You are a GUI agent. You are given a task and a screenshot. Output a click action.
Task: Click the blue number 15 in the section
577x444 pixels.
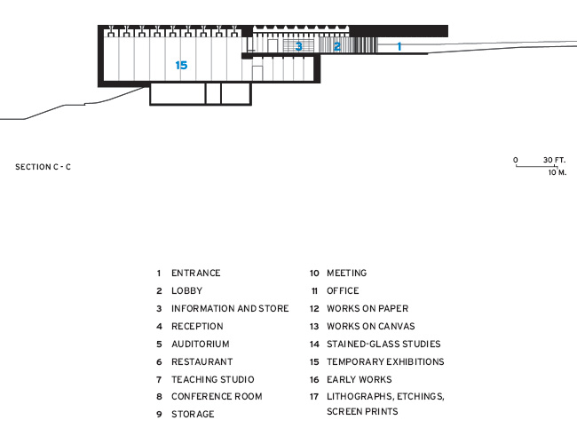181,65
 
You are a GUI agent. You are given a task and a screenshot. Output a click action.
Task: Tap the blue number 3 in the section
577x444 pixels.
299,46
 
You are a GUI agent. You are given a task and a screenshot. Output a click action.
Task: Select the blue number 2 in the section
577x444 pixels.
337,46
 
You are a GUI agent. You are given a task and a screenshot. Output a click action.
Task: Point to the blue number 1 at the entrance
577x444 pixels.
399,46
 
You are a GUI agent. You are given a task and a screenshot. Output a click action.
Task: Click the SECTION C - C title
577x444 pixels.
43,167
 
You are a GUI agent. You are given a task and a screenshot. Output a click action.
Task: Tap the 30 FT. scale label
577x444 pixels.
554,160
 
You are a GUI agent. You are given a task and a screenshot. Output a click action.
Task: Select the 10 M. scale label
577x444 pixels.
557,172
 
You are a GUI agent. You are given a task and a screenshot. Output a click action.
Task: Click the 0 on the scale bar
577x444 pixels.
516,160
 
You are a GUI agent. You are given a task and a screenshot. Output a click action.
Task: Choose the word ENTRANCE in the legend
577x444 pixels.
196,273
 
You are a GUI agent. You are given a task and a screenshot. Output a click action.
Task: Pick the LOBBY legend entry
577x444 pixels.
187,290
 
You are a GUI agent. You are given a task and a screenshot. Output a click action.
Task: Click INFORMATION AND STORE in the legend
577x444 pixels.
230,308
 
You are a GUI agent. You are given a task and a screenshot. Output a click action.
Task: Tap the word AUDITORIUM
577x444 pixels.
201,344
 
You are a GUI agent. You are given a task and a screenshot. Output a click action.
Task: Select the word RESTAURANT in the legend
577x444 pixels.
202,361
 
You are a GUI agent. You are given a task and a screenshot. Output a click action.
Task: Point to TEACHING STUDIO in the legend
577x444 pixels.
213,379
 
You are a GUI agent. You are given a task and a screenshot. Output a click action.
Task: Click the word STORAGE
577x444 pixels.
193,414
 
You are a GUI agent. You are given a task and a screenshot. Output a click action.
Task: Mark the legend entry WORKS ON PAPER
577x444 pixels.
368,308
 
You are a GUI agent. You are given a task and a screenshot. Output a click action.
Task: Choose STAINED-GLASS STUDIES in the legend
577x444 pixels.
383,344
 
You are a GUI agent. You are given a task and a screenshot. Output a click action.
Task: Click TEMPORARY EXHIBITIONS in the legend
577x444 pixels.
385,361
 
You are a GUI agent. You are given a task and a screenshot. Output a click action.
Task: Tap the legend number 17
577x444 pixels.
314,397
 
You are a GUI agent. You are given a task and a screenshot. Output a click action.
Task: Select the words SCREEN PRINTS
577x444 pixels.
362,411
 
